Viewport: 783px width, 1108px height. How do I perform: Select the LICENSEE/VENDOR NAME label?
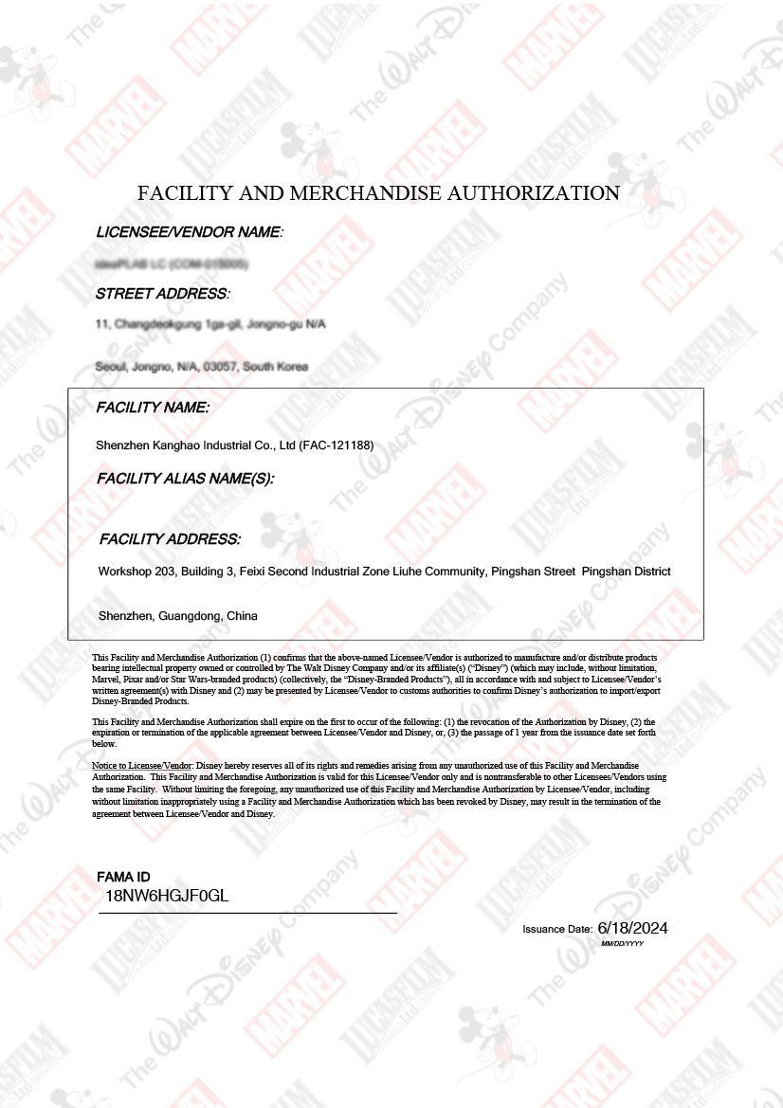coord(190,232)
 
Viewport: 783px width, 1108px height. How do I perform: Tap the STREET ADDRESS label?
coord(162,294)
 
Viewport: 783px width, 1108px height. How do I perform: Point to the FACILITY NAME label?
coord(153,408)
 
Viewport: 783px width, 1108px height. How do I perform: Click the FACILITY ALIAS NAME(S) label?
coord(185,479)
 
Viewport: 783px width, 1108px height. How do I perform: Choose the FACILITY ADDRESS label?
coord(170,539)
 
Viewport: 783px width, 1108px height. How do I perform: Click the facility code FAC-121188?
coord(337,445)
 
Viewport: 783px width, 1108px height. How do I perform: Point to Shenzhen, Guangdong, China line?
coord(177,616)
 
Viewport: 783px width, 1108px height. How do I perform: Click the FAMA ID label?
coord(123,877)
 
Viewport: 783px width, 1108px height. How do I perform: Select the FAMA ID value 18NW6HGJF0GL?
coord(167,896)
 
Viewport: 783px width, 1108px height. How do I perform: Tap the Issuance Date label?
coord(557,930)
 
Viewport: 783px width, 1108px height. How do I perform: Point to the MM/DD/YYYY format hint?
coord(623,944)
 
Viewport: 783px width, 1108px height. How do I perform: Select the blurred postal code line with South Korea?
coord(202,367)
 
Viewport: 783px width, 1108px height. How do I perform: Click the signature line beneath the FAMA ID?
coord(248,913)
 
